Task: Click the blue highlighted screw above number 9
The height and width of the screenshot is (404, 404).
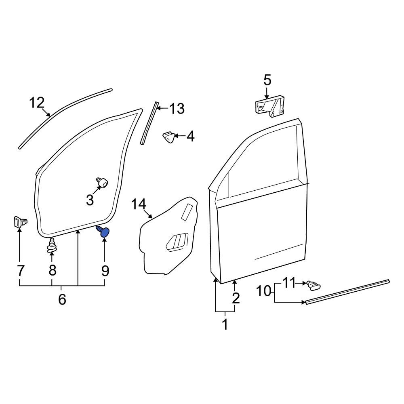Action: click(x=104, y=232)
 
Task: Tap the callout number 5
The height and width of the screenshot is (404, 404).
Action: click(x=267, y=80)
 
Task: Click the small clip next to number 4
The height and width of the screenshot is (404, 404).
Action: click(x=168, y=137)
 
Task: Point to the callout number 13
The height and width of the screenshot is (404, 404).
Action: click(x=177, y=108)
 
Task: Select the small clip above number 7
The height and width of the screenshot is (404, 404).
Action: click(x=19, y=222)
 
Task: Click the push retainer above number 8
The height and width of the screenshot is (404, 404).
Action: click(x=52, y=246)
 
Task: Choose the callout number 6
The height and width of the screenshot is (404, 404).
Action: click(x=62, y=299)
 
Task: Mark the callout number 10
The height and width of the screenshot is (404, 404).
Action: click(x=265, y=290)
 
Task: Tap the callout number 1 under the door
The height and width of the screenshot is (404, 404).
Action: click(x=225, y=324)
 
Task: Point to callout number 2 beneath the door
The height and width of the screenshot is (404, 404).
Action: click(x=236, y=298)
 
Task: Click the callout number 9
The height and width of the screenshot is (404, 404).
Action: click(x=105, y=270)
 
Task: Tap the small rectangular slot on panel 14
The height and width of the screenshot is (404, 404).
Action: click(x=187, y=212)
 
